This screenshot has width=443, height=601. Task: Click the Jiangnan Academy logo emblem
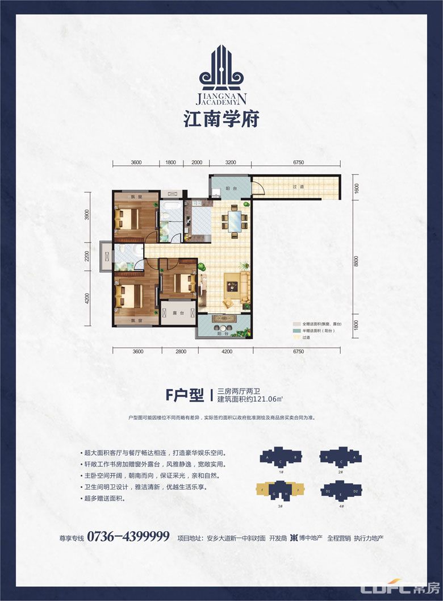pyautogui.click(x=222, y=69)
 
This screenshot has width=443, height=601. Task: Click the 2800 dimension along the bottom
pyautogui.click(x=181, y=352)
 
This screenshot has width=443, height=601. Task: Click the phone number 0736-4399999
pyautogui.click(x=129, y=536)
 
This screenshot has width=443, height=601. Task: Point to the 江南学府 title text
pyautogui.click(x=222, y=120)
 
